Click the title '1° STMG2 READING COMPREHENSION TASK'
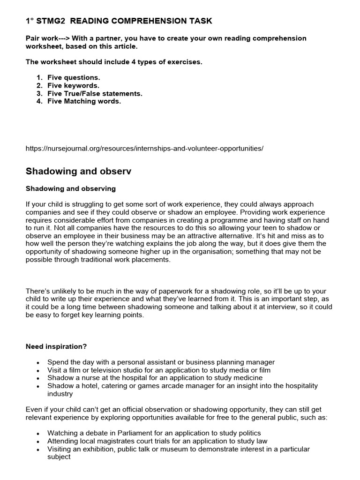[x=119, y=21]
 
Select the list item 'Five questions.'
[x=74, y=77]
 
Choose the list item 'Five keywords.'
[x=73, y=85]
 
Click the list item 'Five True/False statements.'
[x=95, y=93]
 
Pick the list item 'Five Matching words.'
[x=84, y=101]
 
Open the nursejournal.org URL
[x=144, y=149]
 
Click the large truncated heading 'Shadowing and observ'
[x=78, y=172]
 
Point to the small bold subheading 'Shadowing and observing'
[x=70, y=188]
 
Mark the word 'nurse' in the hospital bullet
[x=85, y=378]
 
